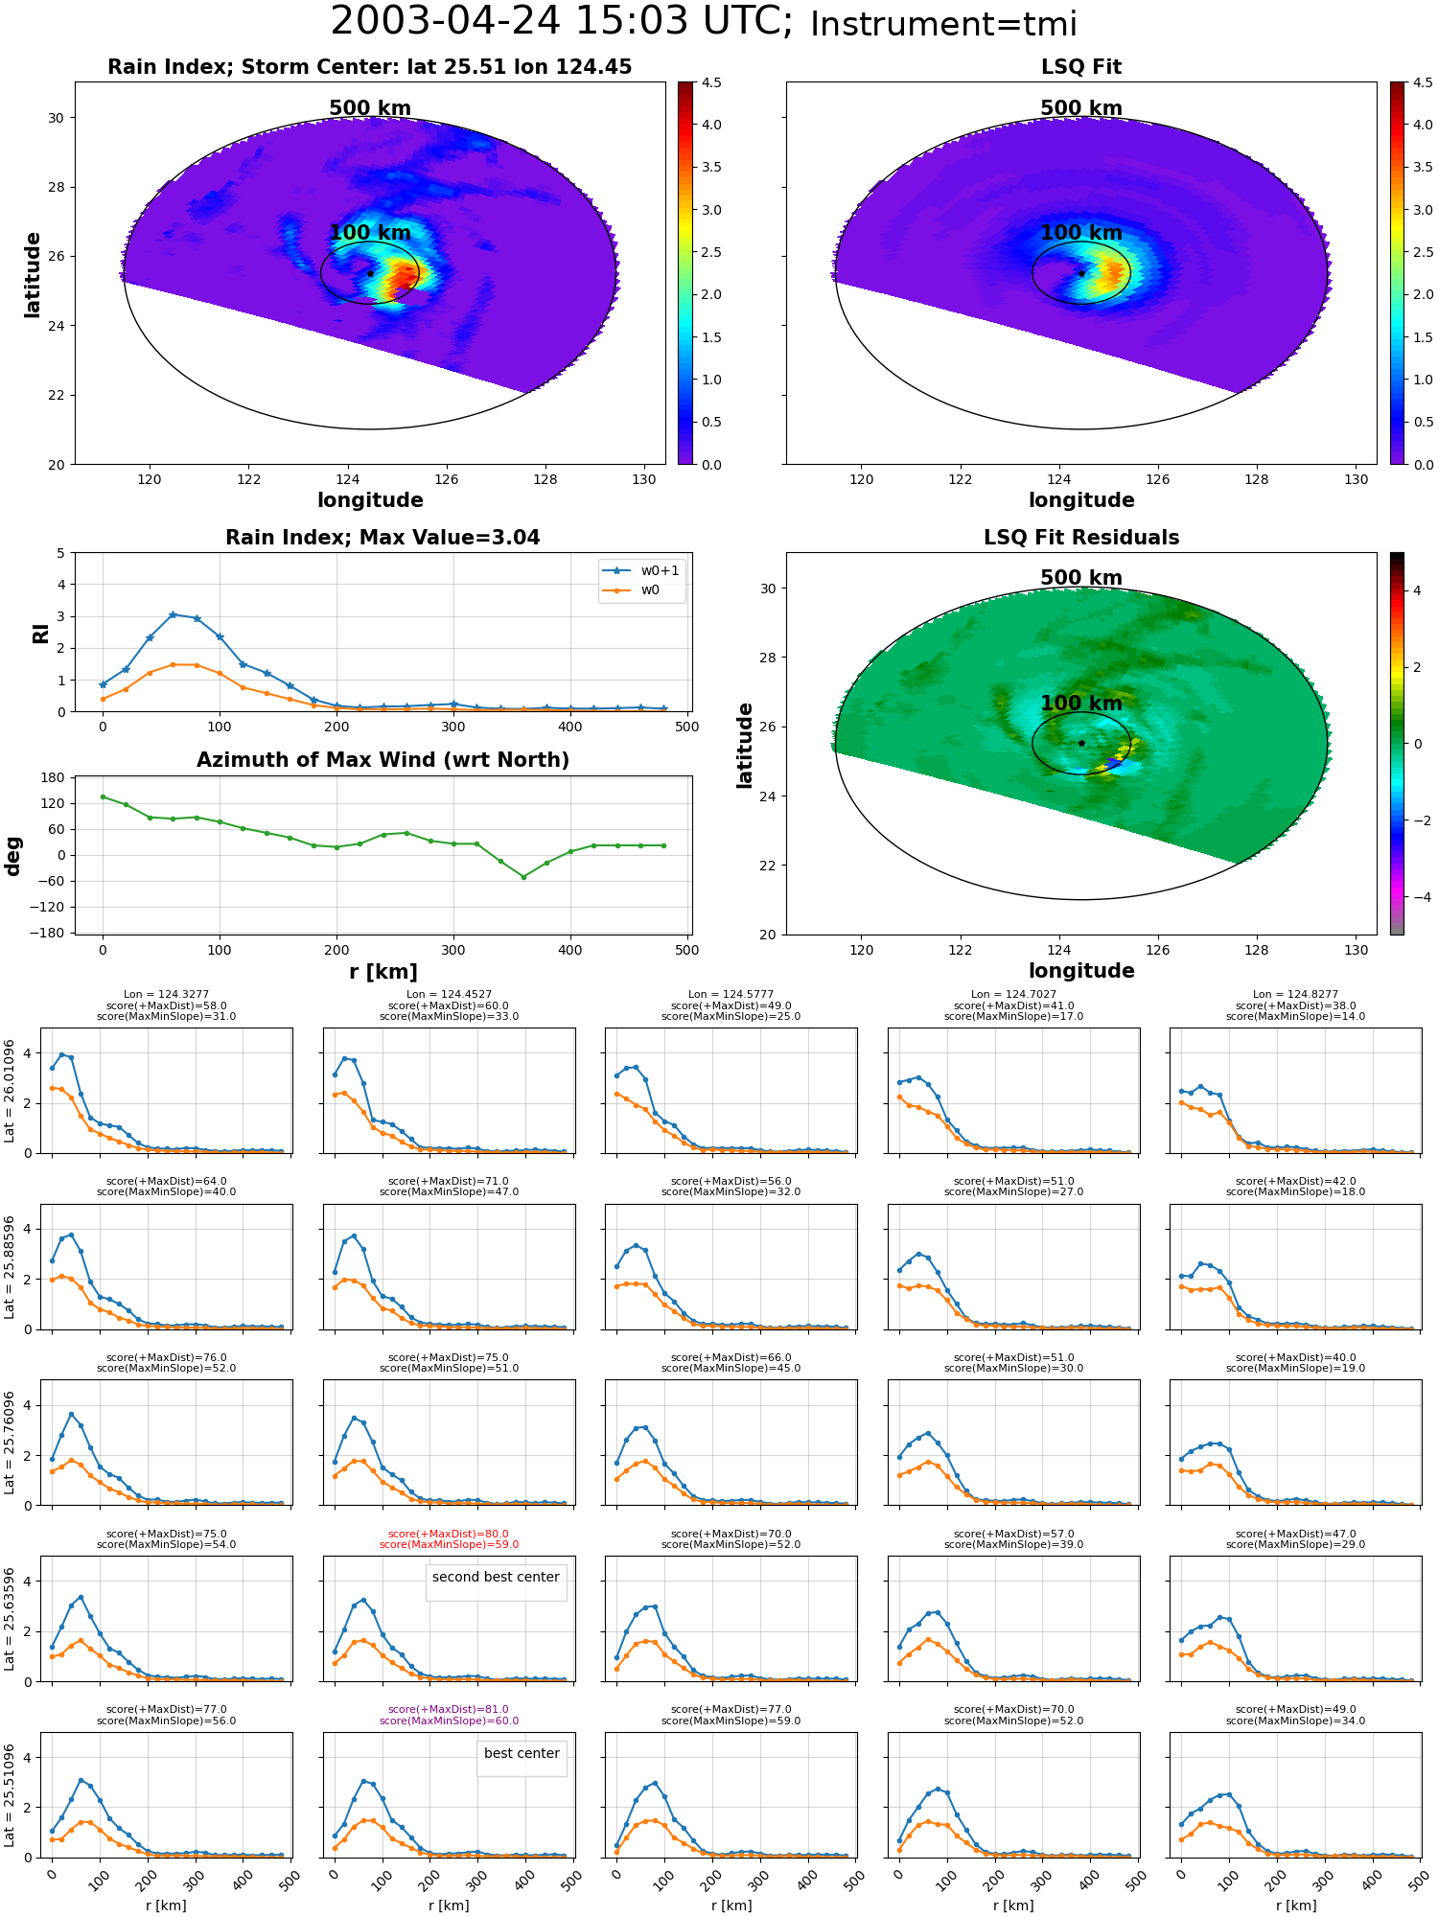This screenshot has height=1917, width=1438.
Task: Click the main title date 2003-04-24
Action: click(445, 21)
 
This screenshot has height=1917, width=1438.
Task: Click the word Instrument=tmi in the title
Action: click(943, 24)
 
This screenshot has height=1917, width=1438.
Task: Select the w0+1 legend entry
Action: click(642, 570)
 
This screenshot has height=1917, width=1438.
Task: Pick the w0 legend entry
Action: click(633, 589)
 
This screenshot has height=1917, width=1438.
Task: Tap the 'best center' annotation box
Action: click(522, 1753)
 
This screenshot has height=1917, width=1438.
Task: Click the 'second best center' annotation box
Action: click(496, 1577)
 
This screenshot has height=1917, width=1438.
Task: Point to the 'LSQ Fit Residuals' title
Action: click(1081, 538)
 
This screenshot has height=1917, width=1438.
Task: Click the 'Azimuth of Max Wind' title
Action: click(383, 760)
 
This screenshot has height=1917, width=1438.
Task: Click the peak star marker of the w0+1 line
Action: click(173, 614)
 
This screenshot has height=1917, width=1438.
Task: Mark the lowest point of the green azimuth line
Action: click(523, 877)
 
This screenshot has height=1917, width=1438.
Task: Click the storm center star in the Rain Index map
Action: click(370, 273)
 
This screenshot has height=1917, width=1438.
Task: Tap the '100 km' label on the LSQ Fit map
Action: click(1081, 233)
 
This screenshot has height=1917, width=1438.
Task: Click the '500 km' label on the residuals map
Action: click(1081, 578)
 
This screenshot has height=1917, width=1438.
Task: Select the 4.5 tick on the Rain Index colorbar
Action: click(711, 82)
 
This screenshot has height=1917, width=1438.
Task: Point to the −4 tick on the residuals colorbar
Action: click(1417, 897)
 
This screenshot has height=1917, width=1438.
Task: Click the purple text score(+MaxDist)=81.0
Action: click(449, 1709)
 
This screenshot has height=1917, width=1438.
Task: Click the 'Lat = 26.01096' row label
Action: click(10, 1091)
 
